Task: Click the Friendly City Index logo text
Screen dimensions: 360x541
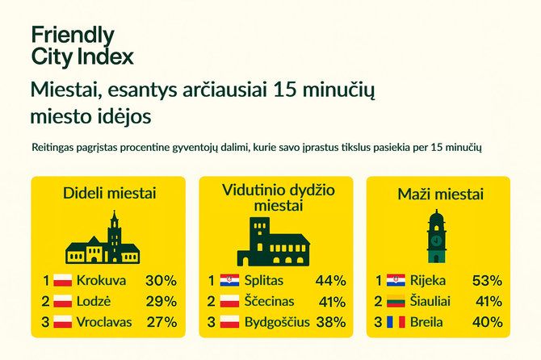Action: [82, 46]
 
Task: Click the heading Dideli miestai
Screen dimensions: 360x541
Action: [109, 193]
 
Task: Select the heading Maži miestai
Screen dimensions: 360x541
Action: [440, 194]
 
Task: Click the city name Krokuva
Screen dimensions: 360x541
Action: [102, 281]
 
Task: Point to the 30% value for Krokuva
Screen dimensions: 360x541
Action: [161, 281]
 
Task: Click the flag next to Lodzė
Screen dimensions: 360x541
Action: [63, 302]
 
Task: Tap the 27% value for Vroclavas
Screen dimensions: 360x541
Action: [161, 323]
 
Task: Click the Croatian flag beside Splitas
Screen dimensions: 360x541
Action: [230, 281]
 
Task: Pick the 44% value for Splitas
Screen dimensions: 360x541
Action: [330, 281]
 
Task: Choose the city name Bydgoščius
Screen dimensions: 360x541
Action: [277, 323]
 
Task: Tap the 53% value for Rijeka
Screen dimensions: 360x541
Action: [486, 281]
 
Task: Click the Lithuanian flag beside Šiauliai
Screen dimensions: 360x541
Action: [395, 302]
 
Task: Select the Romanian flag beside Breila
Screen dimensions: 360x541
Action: [395, 323]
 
